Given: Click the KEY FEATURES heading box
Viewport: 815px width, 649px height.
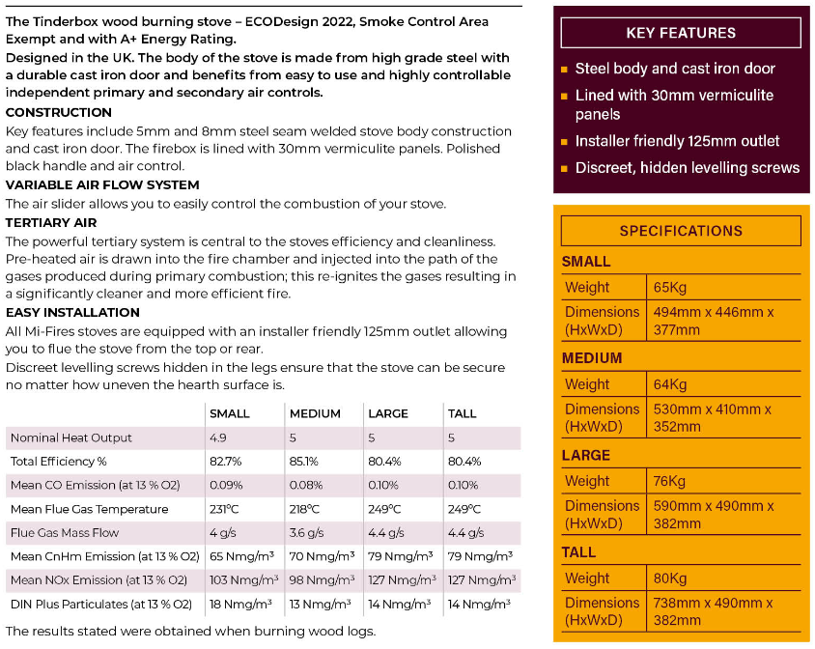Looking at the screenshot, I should coord(681,33).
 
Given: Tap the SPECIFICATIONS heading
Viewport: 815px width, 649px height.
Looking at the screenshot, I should coord(681,231).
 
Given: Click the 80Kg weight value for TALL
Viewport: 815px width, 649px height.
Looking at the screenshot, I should coord(670,578).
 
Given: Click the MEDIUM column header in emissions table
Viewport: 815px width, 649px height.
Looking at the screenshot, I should coord(315,413).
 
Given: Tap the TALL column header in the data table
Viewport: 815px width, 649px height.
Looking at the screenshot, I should coord(463,413).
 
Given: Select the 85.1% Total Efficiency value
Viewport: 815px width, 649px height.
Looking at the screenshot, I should coord(305,462).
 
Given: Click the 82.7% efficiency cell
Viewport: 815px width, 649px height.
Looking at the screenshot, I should coord(226,462).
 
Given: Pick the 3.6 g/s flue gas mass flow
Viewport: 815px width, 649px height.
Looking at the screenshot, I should coord(308,533).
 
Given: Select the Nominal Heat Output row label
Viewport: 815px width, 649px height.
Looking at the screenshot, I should coord(71,437).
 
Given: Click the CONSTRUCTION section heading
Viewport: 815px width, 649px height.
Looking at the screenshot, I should coord(59,112).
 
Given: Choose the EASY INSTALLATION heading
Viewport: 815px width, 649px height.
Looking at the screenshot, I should coord(72,312).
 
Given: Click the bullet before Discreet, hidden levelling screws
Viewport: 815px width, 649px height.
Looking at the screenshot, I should coord(564,168).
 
